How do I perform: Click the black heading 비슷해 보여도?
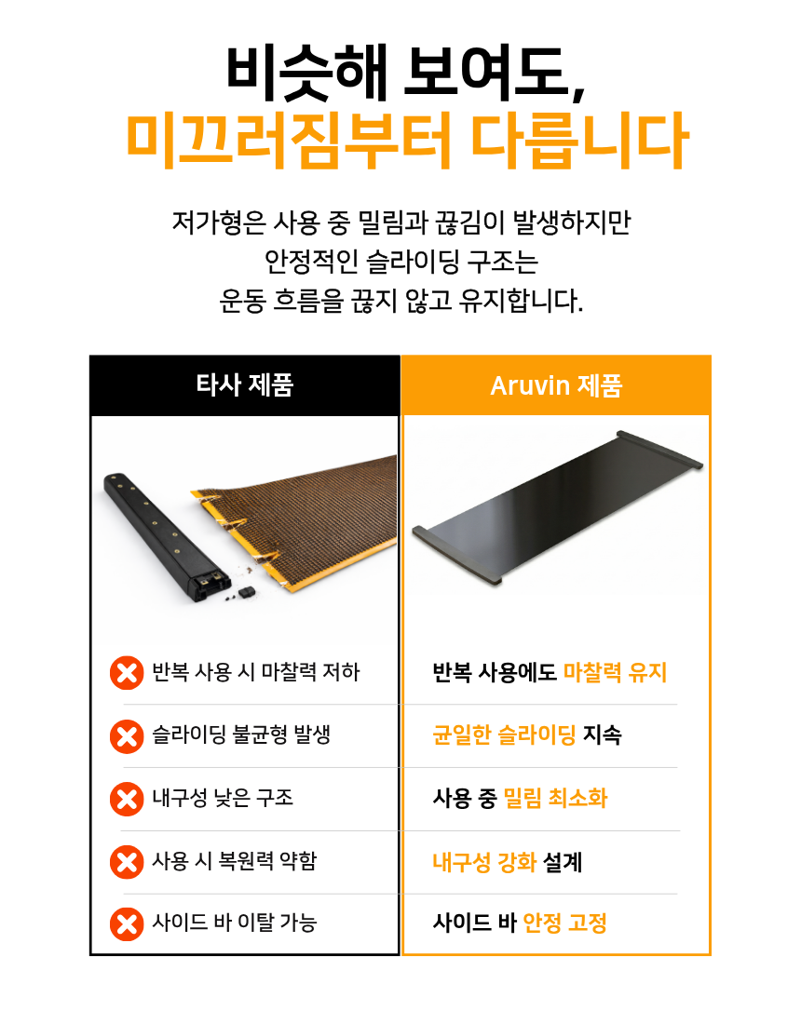405,74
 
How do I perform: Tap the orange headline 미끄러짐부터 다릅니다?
406,141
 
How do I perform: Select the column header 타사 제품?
245,384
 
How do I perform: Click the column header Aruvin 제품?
557,385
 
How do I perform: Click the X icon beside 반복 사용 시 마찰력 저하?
127,673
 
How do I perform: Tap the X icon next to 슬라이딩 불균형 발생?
127,736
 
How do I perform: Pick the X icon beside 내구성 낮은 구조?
127,799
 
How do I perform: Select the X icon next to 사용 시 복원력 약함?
127,861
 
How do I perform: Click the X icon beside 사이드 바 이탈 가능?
127,924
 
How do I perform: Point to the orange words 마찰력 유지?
615,672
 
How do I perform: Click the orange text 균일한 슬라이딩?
504,734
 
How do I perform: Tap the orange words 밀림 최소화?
555,798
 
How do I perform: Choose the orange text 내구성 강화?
484,862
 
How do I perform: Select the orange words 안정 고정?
565,923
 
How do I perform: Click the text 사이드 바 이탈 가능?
235,923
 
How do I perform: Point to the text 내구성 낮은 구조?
223,798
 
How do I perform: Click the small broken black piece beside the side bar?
246,592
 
